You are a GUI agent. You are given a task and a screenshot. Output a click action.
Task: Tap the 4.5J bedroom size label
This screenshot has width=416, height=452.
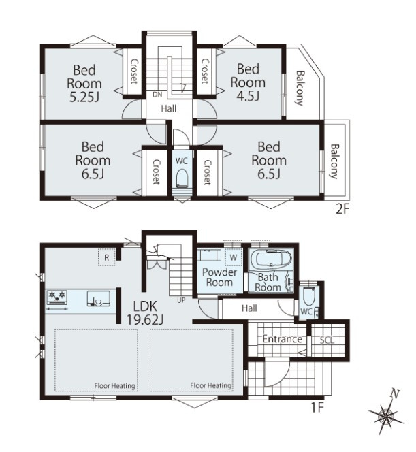pos(248,96)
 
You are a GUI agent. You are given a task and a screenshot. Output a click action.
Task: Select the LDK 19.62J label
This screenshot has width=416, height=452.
pos(145,312)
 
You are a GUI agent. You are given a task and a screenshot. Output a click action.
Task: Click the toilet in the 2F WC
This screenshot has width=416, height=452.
pos(182,177)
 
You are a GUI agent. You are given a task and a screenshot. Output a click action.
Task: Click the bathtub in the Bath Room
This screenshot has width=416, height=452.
pos(270,259)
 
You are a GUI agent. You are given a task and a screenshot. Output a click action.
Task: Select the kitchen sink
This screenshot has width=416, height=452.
pos(99,298)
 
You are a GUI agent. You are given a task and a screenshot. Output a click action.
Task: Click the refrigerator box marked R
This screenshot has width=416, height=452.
pos(107,257)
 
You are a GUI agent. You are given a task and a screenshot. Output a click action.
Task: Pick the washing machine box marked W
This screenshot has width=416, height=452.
pos(234,257)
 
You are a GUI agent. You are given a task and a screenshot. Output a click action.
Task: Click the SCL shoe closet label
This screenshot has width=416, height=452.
pos(327,340)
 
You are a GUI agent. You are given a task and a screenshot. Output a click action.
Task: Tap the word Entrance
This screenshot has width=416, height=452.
pos(283,339)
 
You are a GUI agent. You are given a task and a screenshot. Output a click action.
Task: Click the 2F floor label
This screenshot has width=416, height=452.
pos(342,209)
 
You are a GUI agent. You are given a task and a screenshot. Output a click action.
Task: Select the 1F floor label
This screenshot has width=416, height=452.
pos(318,408)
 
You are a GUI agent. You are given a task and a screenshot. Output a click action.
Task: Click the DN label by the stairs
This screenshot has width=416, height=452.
pos(157,95)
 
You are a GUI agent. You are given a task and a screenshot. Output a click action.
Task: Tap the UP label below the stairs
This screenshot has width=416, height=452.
pos(181,300)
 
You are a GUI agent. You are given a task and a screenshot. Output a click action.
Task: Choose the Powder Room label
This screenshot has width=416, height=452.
pos(219,277)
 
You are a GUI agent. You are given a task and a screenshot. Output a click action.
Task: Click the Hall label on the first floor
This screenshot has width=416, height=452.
pos(249,308)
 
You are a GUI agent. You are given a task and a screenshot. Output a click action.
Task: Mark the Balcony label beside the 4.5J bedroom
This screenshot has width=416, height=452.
pos(300,88)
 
